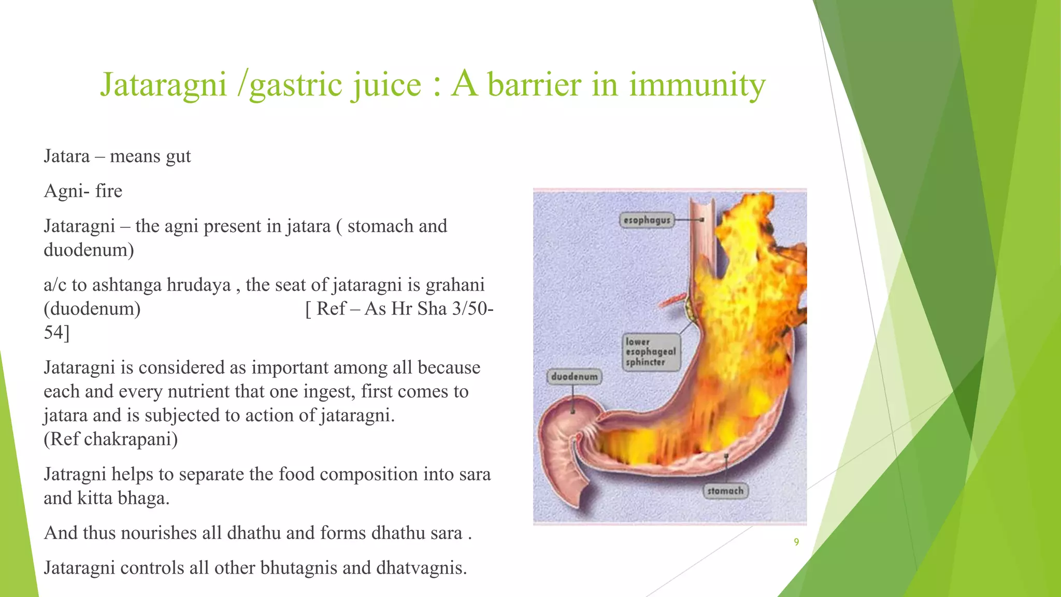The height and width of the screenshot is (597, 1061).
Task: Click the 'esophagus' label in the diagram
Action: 647,220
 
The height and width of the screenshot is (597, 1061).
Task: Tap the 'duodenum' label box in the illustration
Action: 574,377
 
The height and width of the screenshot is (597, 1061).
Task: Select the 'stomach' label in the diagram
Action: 725,491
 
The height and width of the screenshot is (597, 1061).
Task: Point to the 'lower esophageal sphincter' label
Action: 651,352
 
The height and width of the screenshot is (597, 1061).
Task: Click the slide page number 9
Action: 796,542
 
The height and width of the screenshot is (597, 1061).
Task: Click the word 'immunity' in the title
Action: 697,84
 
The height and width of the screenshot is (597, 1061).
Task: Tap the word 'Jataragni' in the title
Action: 164,84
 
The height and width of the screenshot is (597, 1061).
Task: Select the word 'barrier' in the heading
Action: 534,84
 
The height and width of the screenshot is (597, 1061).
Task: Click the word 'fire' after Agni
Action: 109,191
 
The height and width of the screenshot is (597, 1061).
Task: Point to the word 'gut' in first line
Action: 178,157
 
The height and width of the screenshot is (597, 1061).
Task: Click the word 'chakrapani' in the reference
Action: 131,439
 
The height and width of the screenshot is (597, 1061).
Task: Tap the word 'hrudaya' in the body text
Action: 203,285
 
